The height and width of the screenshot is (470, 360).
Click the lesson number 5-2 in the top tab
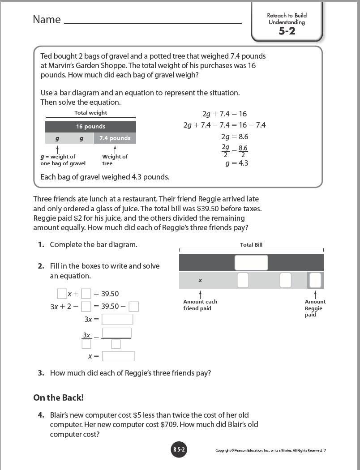(x=287, y=31)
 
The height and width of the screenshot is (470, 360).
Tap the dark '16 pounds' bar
(x=90, y=127)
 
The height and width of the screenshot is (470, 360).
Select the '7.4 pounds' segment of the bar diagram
(x=115, y=138)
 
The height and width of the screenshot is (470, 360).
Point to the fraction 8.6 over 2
(x=243, y=151)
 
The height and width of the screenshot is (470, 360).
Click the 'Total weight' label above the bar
(x=90, y=113)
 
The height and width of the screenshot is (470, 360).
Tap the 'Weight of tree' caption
(x=115, y=160)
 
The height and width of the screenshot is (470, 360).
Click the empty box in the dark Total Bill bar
(x=251, y=263)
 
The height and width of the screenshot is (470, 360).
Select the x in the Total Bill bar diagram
(x=200, y=280)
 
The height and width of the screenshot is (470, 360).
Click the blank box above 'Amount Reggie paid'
(x=315, y=280)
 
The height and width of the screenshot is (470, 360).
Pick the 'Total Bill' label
(x=251, y=245)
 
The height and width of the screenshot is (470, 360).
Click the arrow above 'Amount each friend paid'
(x=200, y=294)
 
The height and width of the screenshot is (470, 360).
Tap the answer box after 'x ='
(x=118, y=356)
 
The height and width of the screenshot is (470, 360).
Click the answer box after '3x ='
(x=117, y=320)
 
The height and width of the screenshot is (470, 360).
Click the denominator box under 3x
(x=86, y=344)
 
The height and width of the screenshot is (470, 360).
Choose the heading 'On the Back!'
(x=58, y=397)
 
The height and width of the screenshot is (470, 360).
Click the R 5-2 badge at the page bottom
(x=178, y=450)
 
